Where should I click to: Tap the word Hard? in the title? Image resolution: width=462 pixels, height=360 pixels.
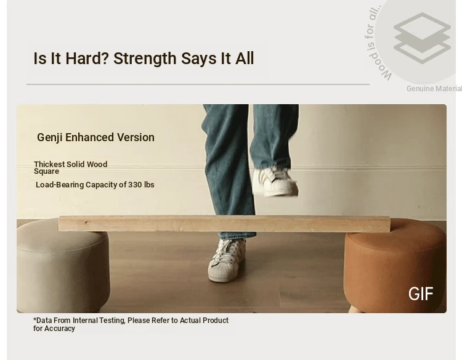pos(87,59)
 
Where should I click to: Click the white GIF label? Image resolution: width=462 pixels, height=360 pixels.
pos(421,293)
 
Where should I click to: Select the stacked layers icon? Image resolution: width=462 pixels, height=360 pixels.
pos(422,38)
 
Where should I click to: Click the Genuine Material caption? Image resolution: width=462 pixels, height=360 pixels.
pos(434,89)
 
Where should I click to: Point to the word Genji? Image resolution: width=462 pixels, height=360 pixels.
pos(50,137)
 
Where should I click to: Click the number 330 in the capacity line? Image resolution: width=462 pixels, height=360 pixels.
pos(135,185)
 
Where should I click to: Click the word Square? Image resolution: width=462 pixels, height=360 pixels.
pos(47,171)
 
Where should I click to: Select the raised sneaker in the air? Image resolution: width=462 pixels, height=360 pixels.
pos(275,182)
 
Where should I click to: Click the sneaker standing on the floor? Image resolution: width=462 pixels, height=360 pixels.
pos(227,260)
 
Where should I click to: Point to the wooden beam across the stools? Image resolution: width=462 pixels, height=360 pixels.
pos(224,224)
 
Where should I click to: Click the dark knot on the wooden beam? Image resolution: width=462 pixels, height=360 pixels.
pos(86,223)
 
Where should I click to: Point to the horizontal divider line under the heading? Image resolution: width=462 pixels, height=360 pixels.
pos(198,84)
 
